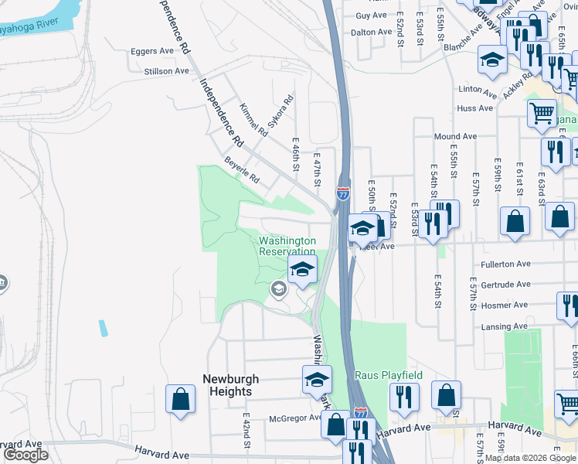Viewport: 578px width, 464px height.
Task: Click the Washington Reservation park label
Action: (x=287, y=246)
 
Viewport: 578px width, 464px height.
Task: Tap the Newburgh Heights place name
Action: (x=231, y=385)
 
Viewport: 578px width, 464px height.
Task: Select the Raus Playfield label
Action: (x=389, y=376)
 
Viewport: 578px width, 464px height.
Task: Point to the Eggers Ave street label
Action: (x=153, y=51)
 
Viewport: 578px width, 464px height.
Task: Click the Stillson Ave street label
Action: (x=166, y=70)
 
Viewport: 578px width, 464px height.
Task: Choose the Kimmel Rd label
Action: (x=253, y=121)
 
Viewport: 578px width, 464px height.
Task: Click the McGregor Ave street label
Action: (x=294, y=418)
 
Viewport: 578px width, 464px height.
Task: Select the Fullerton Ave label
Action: (x=505, y=264)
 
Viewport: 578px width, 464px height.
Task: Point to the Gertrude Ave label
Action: (x=505, y=284)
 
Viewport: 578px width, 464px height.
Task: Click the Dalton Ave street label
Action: (x=372, y=32)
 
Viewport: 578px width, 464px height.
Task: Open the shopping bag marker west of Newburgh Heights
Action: (x=181, y=400)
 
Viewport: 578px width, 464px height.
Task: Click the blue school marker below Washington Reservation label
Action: (x=303, y=270)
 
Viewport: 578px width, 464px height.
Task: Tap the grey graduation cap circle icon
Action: (x=277, y=289)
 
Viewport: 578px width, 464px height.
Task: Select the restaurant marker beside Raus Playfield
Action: (x=404, y=397)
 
